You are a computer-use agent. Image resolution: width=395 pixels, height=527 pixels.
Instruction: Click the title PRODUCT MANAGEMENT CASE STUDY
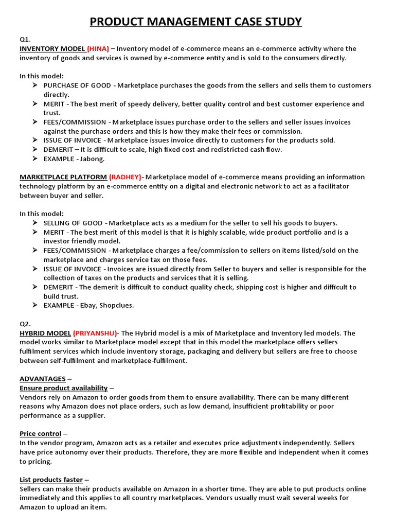(196, 21)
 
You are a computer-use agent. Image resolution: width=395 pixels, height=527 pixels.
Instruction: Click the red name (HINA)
(98, 49)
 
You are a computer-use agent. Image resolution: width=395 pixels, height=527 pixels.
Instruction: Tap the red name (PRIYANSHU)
(95, 333)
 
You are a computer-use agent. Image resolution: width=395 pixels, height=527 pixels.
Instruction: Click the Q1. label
(25, 39)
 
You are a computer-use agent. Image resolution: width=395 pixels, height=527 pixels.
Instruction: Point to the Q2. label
(25, 324)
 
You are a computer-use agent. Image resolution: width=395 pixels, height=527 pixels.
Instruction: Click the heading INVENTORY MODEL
(52, 49)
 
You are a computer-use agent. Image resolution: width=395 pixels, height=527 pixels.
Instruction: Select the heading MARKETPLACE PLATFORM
(63, 177)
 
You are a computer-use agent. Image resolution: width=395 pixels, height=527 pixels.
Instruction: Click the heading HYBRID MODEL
(45, 333)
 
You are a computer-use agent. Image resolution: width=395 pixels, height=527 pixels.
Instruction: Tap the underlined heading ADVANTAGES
(43, 379)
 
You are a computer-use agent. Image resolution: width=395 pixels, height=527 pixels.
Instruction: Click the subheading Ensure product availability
(64, 388)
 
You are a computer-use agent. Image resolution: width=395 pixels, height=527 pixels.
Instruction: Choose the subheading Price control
(41, 434)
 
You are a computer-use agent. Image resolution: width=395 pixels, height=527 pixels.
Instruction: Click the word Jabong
(93, 159)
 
